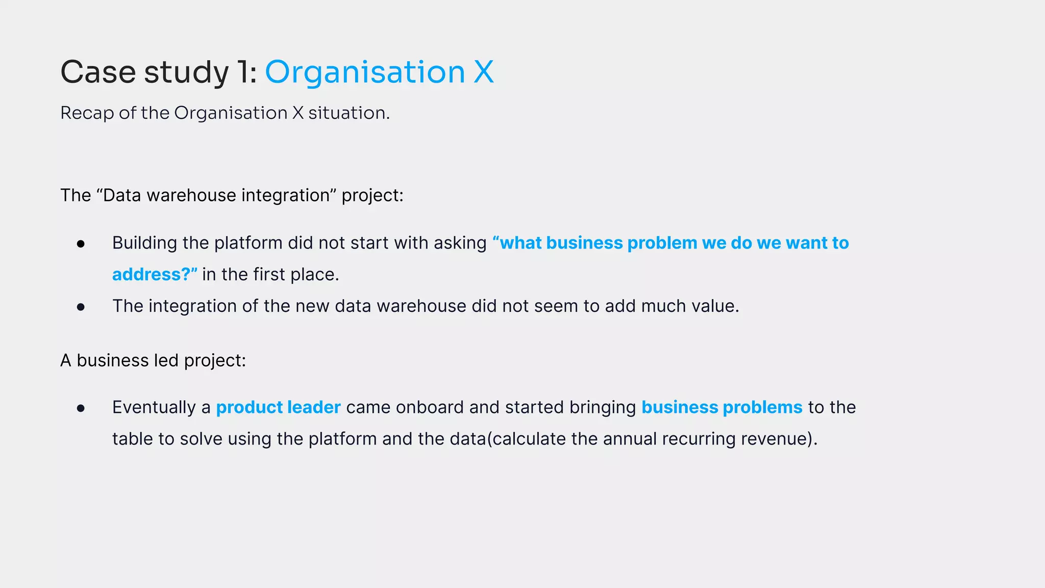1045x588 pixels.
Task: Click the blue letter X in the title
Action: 483,72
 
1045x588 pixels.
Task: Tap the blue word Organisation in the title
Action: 365,72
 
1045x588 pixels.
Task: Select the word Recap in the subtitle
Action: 87,113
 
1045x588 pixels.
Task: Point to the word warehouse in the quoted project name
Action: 191,195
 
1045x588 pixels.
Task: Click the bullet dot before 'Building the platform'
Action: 81,244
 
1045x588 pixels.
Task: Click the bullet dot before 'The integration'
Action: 81,307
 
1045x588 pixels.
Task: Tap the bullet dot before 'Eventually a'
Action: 81,408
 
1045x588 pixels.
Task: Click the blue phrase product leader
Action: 278,407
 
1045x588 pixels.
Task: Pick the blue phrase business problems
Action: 721,407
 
